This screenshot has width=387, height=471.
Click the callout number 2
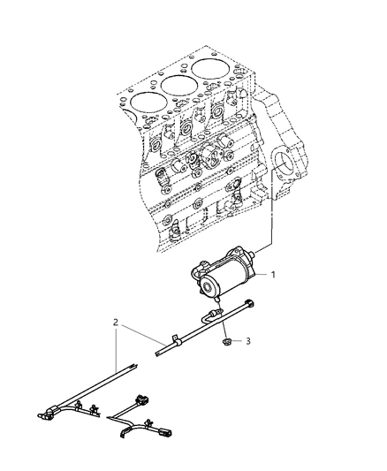click(117, 323)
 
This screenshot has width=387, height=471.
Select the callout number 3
click(248, 340)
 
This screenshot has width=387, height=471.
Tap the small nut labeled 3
click(226, 338)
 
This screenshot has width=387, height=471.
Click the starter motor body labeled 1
click(225, 270)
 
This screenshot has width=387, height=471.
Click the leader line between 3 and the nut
click(238, 339)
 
